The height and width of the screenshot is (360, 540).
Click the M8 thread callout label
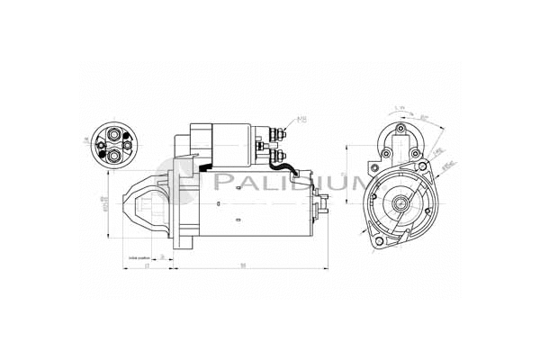[301, 120]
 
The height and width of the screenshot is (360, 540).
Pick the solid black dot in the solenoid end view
[102, 146]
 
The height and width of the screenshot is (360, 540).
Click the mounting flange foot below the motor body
[182, 241]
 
